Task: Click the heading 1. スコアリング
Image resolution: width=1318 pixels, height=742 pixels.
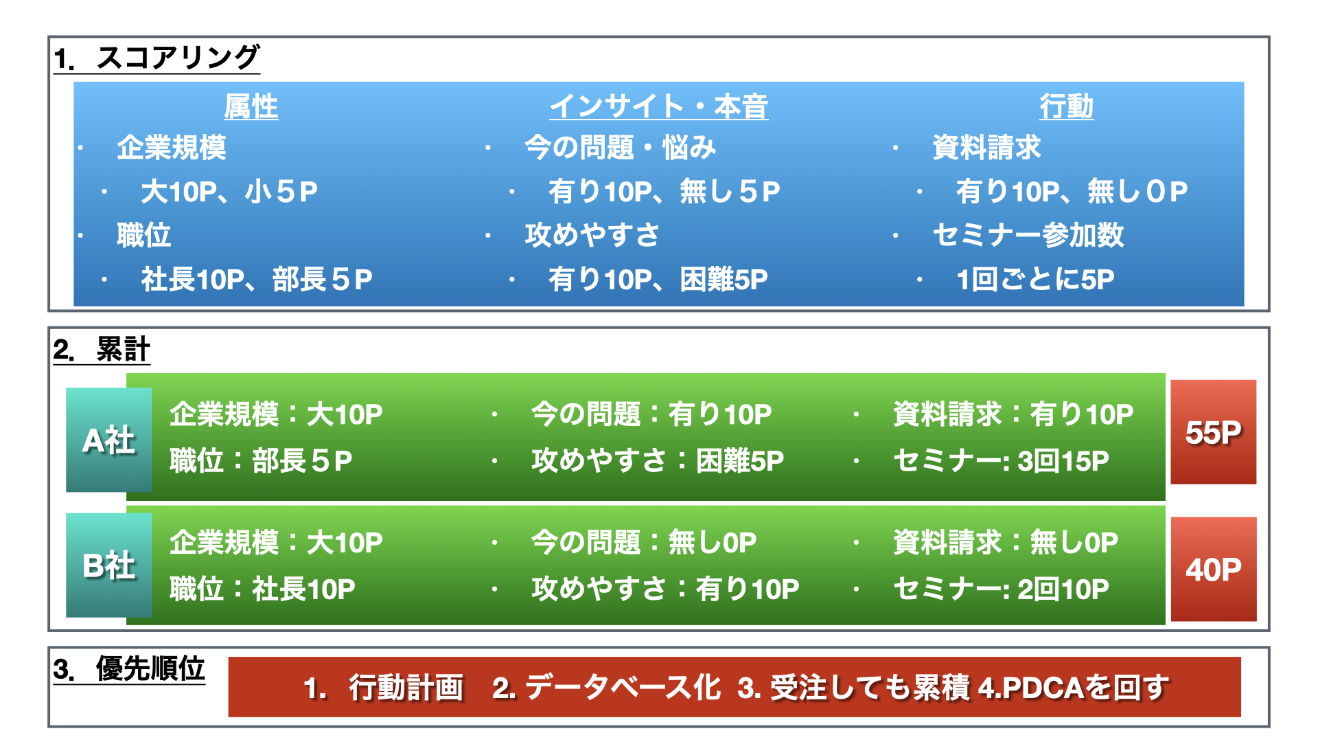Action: click(157, 58)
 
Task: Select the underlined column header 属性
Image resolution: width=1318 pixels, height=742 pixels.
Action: click(251, 106)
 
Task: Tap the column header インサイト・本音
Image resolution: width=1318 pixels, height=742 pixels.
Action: click(658, 106)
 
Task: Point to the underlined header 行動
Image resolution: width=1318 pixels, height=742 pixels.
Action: click(1066, 106)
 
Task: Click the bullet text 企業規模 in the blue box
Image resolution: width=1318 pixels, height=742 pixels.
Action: click(172, 148)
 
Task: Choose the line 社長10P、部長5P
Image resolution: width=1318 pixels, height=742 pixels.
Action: click(257, 280)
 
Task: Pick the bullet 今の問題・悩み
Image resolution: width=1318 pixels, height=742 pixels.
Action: click(621, 148)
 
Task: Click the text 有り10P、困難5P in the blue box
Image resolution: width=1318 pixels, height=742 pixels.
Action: click(658, 280)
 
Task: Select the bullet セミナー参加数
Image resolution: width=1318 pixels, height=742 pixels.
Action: click(1028, 236)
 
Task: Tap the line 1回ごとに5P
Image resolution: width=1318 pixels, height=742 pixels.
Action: click(1035, 280)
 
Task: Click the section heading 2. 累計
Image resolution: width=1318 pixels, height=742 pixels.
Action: click(102, 350)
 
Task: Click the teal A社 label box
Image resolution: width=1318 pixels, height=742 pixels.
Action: click(109, 440)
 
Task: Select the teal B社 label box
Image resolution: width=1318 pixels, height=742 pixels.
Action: click(109, 565)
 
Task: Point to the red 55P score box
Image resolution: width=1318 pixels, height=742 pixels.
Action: click(1214, 432)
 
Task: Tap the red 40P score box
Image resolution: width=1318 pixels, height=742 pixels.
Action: click(1214, 569)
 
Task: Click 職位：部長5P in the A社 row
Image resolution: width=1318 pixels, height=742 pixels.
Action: click(262, 461)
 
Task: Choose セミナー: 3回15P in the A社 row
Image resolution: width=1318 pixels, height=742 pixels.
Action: click(1001, 461)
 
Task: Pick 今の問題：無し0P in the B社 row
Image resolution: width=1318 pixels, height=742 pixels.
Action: click(644, 543)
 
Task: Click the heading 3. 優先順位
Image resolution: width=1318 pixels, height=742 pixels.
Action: click(129, 668)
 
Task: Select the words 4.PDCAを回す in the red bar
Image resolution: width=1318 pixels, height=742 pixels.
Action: click(1074, 688)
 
